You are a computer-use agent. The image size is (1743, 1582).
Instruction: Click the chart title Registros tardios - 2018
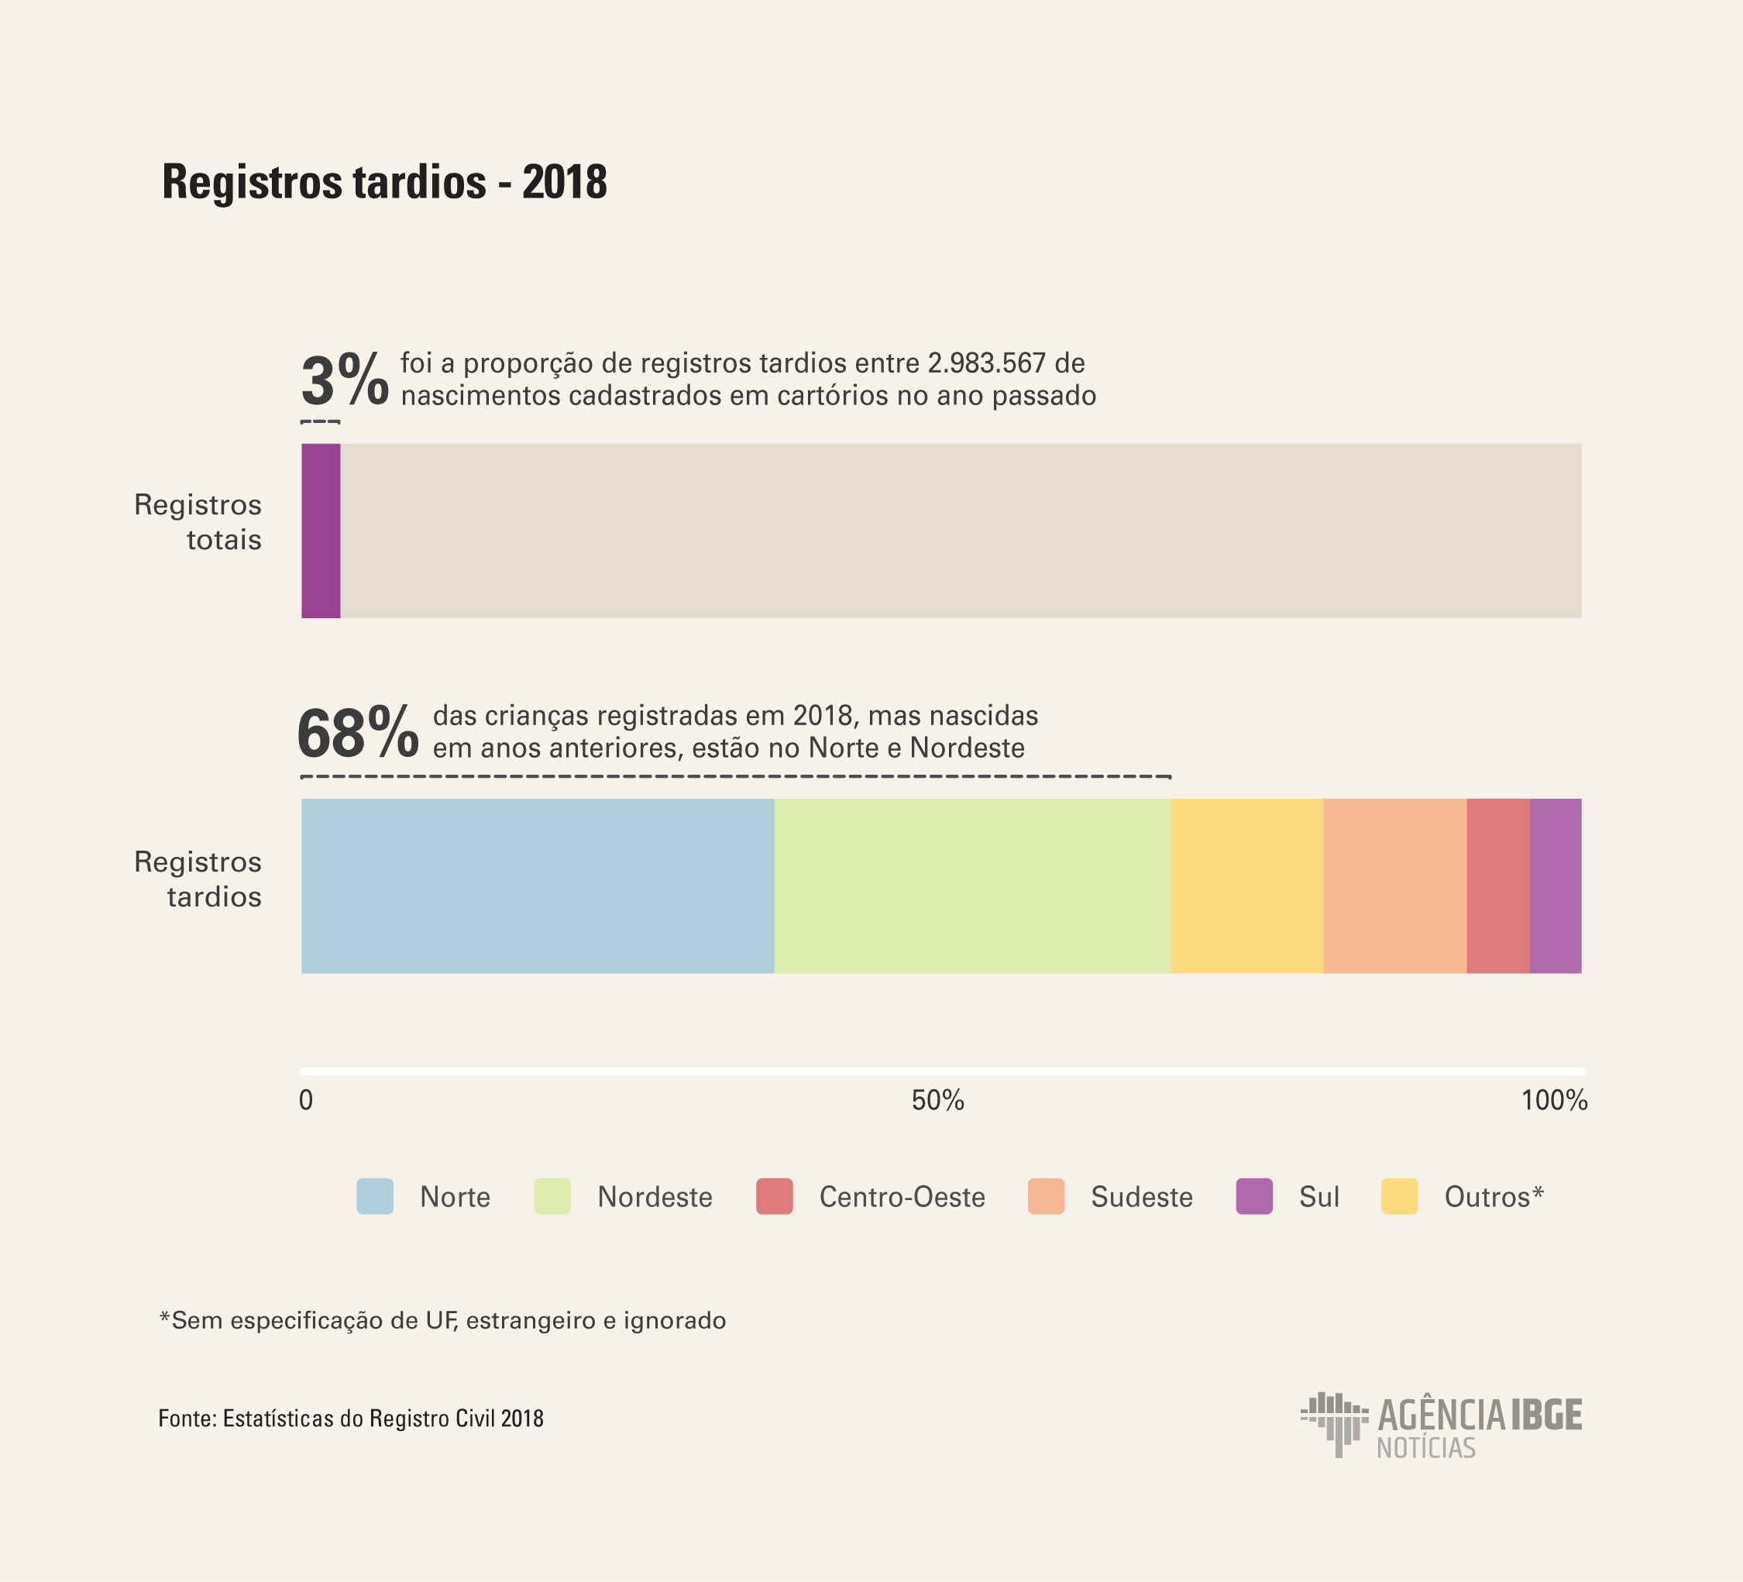click(x=385, y=182)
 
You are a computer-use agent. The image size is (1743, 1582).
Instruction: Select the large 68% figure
click(x=358, y=732)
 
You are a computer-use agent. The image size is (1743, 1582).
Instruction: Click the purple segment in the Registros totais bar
click(x=321, y=531)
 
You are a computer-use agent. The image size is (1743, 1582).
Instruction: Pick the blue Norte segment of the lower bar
click(x=537, y=886)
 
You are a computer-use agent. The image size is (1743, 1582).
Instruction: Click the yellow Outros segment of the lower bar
click(x=1246, y=886)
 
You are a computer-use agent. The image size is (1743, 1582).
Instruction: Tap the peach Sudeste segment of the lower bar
click(x=1394, y=886)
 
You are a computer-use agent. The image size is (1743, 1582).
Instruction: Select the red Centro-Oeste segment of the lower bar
click(x=1497, y=886)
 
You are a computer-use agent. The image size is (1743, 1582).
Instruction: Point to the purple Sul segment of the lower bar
click(x=1556, y=886)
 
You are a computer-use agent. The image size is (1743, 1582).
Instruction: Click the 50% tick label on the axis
click(x=938, y=1100)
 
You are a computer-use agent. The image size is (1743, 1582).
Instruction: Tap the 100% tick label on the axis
click(x=1554, y=1100)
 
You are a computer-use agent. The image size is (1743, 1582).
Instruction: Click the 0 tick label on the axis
click(x=306, y=1100)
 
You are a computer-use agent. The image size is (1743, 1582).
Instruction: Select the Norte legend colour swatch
click(x=374, y=1196)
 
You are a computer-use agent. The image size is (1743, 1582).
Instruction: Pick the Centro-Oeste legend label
click(x=902, y=1197)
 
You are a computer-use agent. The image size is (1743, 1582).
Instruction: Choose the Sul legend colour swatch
click(x=1253, y=1196)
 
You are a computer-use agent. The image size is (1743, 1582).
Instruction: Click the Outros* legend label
click(x=1493, y=1197)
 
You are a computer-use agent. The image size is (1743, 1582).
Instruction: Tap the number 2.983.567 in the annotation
click(x=986, y=363)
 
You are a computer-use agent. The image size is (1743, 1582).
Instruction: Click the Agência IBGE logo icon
click(x=1334, y=1424)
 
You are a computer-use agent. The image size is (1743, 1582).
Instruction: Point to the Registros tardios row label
click(x=198, y=879)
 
